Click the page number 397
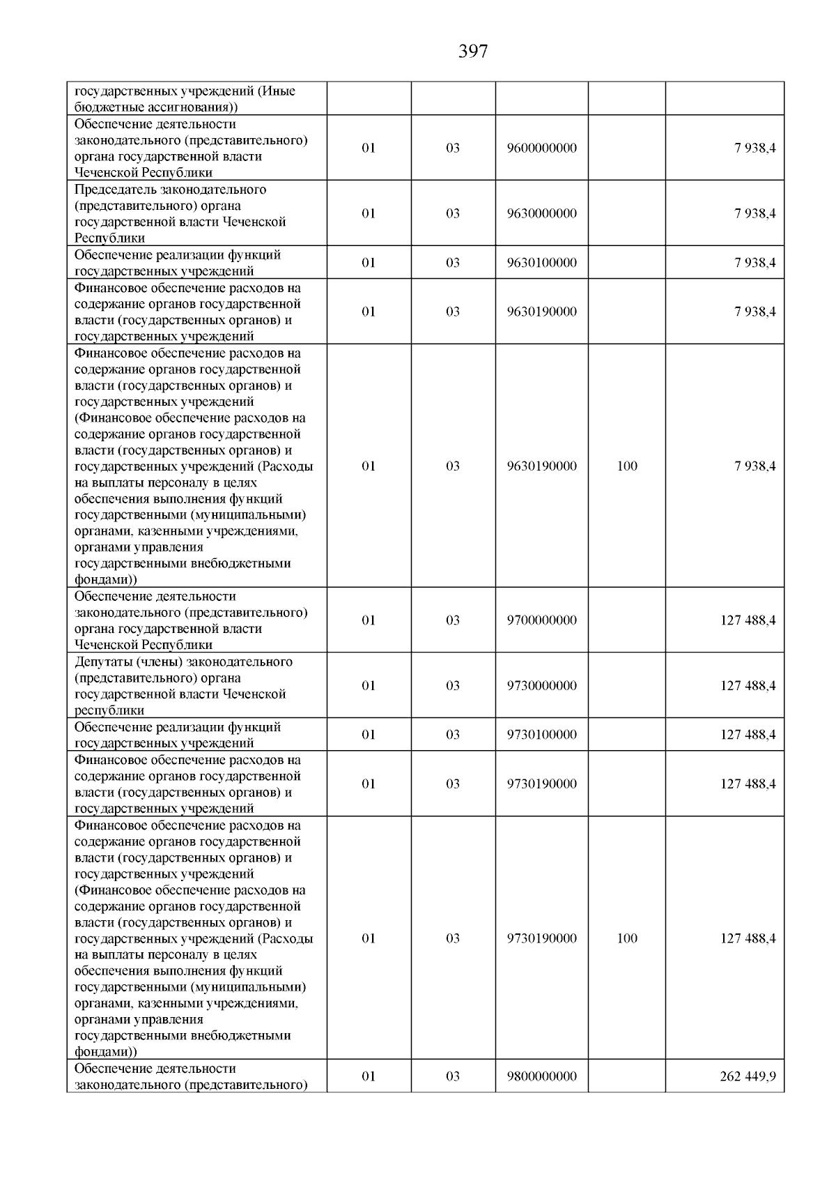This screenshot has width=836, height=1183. [473, 52]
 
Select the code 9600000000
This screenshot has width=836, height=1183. [541, 148]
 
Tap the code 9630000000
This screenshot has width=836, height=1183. [541, 213]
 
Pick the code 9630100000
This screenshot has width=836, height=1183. [541, 263]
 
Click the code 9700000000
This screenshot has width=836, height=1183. [541, 620]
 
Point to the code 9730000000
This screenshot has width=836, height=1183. [541, 686]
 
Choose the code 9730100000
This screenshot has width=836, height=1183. [541, 735]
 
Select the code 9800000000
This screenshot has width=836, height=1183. [541, 1076]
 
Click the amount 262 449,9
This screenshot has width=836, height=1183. [748, 1076]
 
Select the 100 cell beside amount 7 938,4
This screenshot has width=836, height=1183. [627, 466]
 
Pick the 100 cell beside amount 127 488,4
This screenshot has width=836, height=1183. [627, 938]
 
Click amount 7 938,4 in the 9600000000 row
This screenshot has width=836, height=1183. [754, 148]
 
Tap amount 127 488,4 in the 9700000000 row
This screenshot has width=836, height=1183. [748, 620]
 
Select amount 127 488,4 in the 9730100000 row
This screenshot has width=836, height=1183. [748, 735]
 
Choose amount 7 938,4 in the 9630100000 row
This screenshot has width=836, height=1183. [754, 263]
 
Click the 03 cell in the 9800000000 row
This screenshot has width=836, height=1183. [453, 1076]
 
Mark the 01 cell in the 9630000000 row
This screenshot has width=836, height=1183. [369, 213]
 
